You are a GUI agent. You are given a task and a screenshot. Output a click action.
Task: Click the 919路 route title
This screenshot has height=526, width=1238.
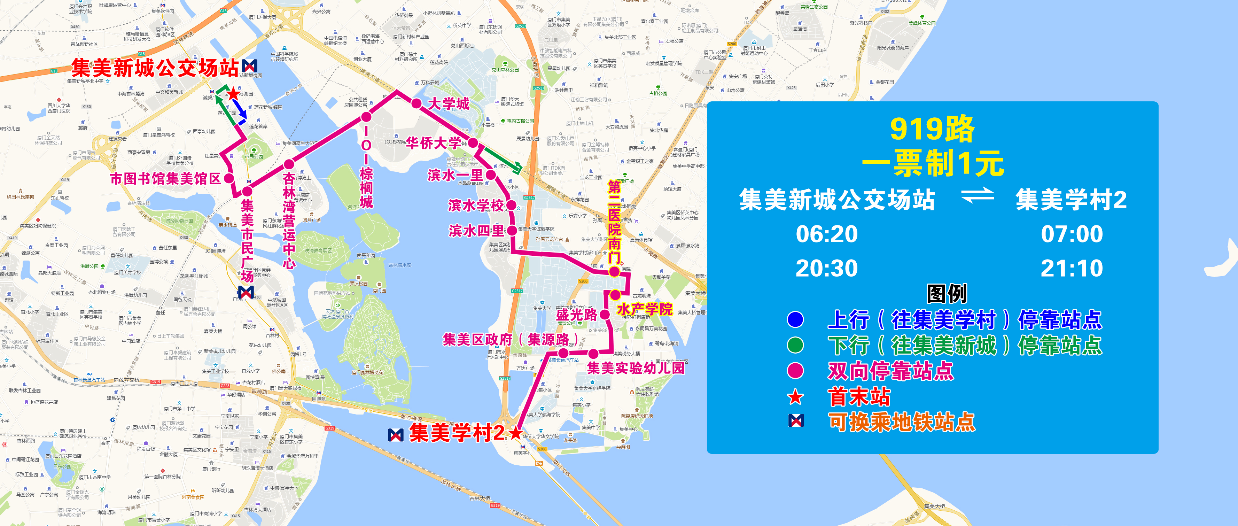[932, 129]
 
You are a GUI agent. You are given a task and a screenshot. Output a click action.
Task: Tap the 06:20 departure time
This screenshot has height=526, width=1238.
[827, 234]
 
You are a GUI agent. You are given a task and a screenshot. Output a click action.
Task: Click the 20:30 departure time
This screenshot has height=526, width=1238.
[827, 268]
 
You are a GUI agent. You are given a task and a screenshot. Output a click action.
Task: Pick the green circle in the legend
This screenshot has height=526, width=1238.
[795, 345]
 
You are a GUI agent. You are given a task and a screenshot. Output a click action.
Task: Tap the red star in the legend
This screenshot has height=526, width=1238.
[795, 397]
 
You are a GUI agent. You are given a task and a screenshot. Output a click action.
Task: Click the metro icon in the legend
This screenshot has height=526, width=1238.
[796, 421]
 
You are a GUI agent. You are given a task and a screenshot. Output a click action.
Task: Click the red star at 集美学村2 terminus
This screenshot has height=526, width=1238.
[516, 433]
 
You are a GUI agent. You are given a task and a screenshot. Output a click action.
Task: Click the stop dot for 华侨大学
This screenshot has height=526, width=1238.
[473, 143]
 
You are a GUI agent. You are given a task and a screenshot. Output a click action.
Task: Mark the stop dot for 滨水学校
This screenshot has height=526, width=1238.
[511, 205]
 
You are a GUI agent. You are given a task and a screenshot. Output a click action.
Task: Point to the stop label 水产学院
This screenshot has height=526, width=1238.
[645, 309]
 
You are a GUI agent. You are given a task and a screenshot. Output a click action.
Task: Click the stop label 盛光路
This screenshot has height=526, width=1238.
[576, 315]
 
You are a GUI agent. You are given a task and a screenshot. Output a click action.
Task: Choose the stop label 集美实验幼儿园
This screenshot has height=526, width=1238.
[635, 368]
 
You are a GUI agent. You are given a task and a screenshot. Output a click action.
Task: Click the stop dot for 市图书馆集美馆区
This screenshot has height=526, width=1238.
[229, 178]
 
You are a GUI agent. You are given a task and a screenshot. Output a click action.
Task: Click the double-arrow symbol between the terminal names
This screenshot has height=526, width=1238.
[977, 195]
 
